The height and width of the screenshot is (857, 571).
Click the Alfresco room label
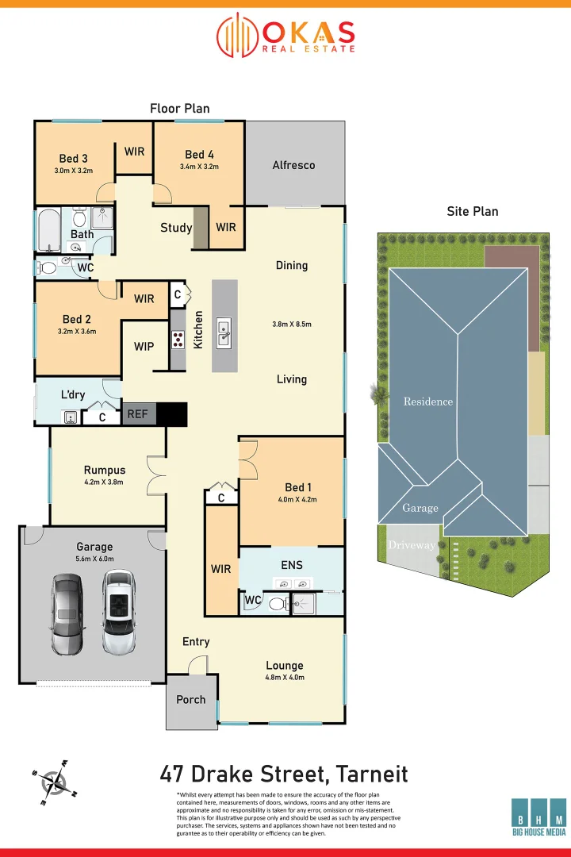click(x=293, y=165)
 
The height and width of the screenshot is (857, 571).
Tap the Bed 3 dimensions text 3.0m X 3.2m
click(x=73, y=171)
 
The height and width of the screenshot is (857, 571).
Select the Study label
click(x=176, y=228)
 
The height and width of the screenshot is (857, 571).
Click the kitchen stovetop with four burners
click(x=178, y=340)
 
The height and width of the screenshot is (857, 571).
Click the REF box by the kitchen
click(x=138, y=414)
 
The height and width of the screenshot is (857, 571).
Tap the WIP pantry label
click(x=144, y=347)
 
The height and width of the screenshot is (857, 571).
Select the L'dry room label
click(x=73, y=395)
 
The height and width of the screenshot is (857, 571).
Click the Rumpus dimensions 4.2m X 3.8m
click(x=104, y=482)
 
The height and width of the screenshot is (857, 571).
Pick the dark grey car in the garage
click(x=66, y=613)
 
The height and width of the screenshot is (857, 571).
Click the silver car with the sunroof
click(x=118, y=613)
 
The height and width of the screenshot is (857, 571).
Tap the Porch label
click(x=190, y=699)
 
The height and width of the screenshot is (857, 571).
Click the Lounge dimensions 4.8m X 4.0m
click(x=284, y=678)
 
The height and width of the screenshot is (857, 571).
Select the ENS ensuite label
click(x=291, y=566)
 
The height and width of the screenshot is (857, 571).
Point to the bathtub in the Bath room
click(x=48, y=230)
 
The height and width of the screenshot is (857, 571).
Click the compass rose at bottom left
click(x=54, y=782)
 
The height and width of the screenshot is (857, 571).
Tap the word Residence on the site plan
click(x=427, y=402)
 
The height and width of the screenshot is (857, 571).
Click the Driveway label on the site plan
click(x=411, y=545)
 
